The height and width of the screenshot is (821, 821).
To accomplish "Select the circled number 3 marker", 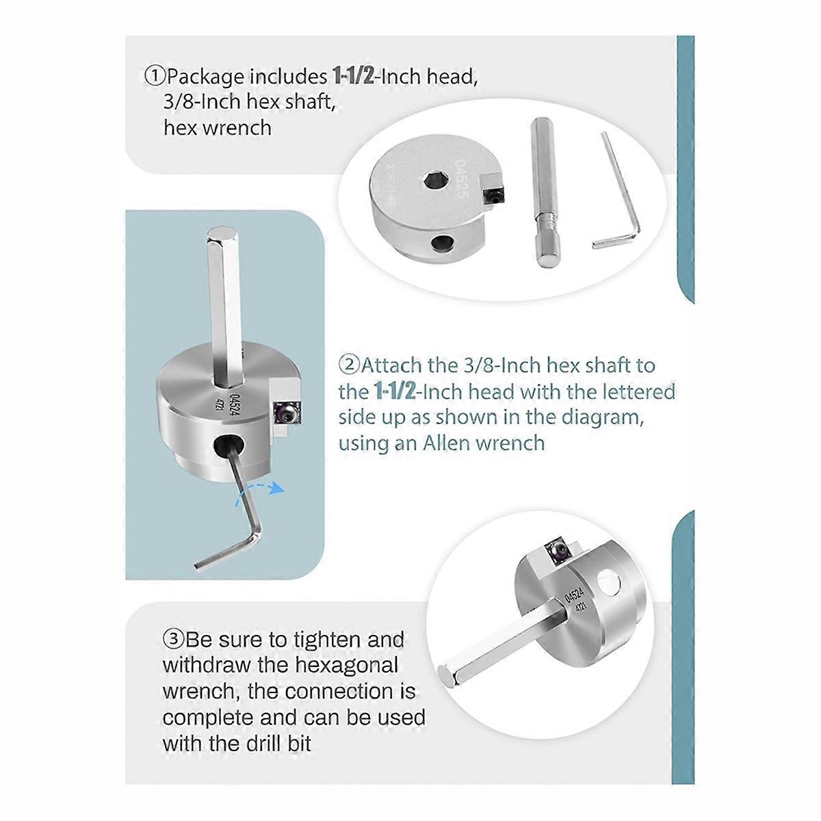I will [x=174, y=640].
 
